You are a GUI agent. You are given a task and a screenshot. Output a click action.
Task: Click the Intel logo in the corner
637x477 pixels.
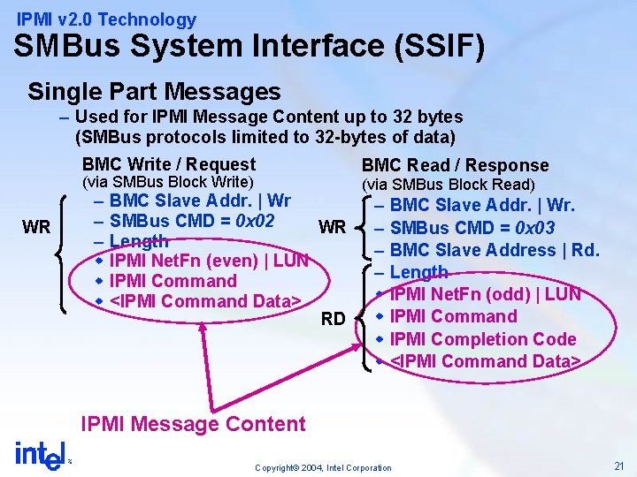click(x=40, y=455)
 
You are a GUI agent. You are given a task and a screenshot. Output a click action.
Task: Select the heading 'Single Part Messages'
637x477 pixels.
click(x=154, y=91)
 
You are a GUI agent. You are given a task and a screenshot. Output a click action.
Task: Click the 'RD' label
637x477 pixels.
click(x=333, y=318)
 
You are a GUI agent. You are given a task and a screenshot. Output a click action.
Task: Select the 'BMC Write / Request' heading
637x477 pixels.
click(x=168, y=163)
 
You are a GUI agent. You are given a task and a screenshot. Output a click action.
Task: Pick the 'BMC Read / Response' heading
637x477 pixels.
click(x=455, y=165)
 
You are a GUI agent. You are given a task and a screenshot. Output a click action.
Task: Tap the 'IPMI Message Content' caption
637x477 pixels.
click(x=193, y=423)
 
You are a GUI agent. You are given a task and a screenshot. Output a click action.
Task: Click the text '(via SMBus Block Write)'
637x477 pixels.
click(x=167, y=182)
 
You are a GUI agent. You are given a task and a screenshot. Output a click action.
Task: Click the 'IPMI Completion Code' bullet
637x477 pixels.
click(x=482, y=338)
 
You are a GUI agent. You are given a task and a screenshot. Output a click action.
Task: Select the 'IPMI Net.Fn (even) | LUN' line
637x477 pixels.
click(x=208, y=261)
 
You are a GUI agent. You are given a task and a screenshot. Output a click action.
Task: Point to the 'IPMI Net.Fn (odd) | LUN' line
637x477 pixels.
click(x=485, y=294)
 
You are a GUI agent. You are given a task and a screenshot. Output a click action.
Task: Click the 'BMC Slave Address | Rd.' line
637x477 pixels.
click(x=495, y=250)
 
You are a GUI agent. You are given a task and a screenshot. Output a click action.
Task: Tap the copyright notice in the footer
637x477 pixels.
click(x=322, y=467)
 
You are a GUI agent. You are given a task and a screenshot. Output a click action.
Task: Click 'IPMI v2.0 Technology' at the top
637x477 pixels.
click(x=107, y=19)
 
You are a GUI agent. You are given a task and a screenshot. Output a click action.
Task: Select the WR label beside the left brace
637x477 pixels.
click(x=36, y=227)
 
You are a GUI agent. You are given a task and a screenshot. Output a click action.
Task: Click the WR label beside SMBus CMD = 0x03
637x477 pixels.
click(x=333, y=227)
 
